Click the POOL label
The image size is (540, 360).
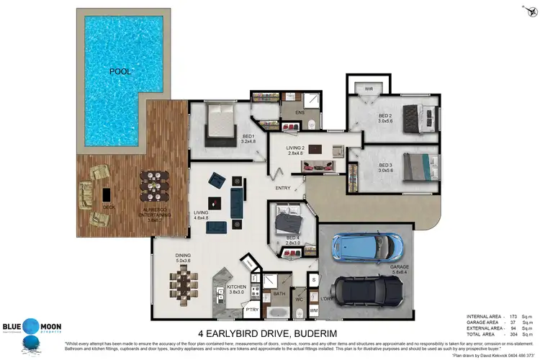(121, 71)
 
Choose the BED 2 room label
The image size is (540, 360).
(385, 117)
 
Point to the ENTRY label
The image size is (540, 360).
(283, 189)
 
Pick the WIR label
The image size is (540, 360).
(369, 89)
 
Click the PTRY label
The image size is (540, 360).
(252, 310)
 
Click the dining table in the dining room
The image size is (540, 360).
(184, 282)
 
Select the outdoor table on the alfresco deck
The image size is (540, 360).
(153, 189)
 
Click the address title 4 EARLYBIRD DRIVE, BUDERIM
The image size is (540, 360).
(269, 333)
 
